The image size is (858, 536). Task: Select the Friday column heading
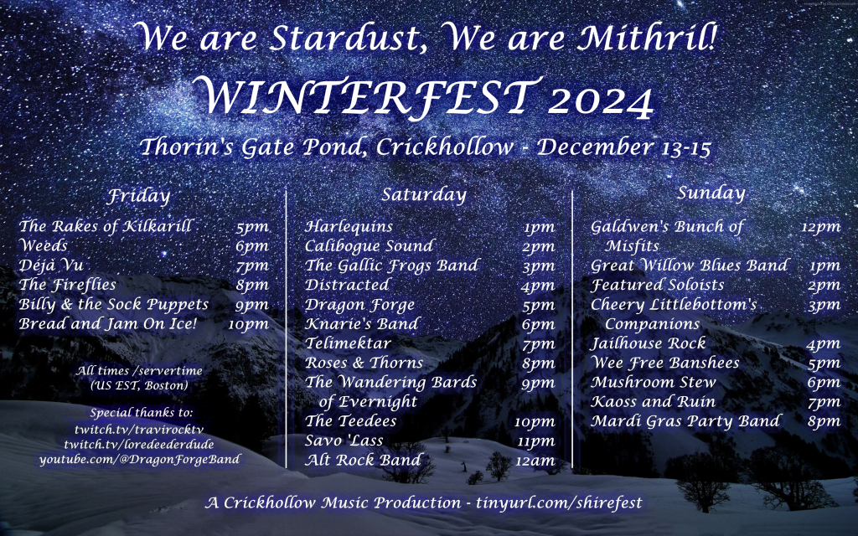tap(139, 196)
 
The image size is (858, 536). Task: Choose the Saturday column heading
tap(424, 194)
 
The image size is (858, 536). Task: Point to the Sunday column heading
tap(711, 193)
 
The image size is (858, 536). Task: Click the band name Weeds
tap(44, 245)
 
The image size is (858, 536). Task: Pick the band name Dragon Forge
tap(359, 305)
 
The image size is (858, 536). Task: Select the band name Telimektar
tap(348, 343)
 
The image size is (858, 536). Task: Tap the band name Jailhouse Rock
tap(649, 343)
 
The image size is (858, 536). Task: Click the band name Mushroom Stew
tap(654, 382)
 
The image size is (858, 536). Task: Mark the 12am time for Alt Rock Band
tap(535, 461)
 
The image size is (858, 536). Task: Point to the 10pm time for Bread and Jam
tap(248, 325)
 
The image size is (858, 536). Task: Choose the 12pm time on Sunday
tap(821, 227)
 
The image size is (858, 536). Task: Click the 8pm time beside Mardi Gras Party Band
tap(824, 422)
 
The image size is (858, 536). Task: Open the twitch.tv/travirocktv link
tap(139, 430)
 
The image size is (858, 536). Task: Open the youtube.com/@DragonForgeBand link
tap(140, 460)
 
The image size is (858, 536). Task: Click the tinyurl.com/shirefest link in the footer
tap(559, 502)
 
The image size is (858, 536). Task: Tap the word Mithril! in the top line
tap(648, 38)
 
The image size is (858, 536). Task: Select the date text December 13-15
tap(623, 147)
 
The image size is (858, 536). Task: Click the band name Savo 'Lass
tap(344, 441)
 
